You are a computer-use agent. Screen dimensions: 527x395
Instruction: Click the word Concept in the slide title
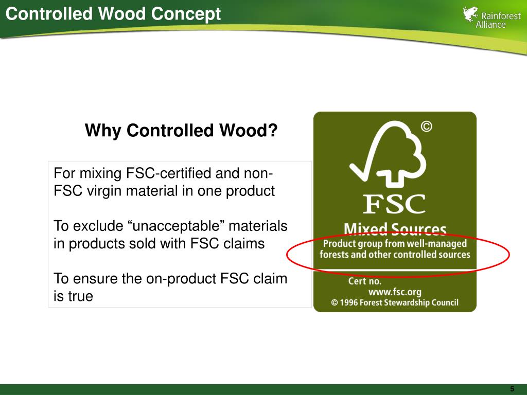186,14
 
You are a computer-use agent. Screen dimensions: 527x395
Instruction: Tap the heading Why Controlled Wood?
181,130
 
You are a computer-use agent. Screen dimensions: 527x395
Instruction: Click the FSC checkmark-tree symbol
388,153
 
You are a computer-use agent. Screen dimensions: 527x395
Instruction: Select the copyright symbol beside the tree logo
427,127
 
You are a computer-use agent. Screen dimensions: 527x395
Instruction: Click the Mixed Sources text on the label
395,229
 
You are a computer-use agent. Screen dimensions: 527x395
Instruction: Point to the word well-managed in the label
440,243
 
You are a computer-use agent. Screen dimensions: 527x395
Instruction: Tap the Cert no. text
365,281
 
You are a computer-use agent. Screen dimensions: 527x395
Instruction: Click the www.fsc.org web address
395,292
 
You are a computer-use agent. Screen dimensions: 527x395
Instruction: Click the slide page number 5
512,389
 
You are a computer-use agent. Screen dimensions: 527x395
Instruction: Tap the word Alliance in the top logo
490,25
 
